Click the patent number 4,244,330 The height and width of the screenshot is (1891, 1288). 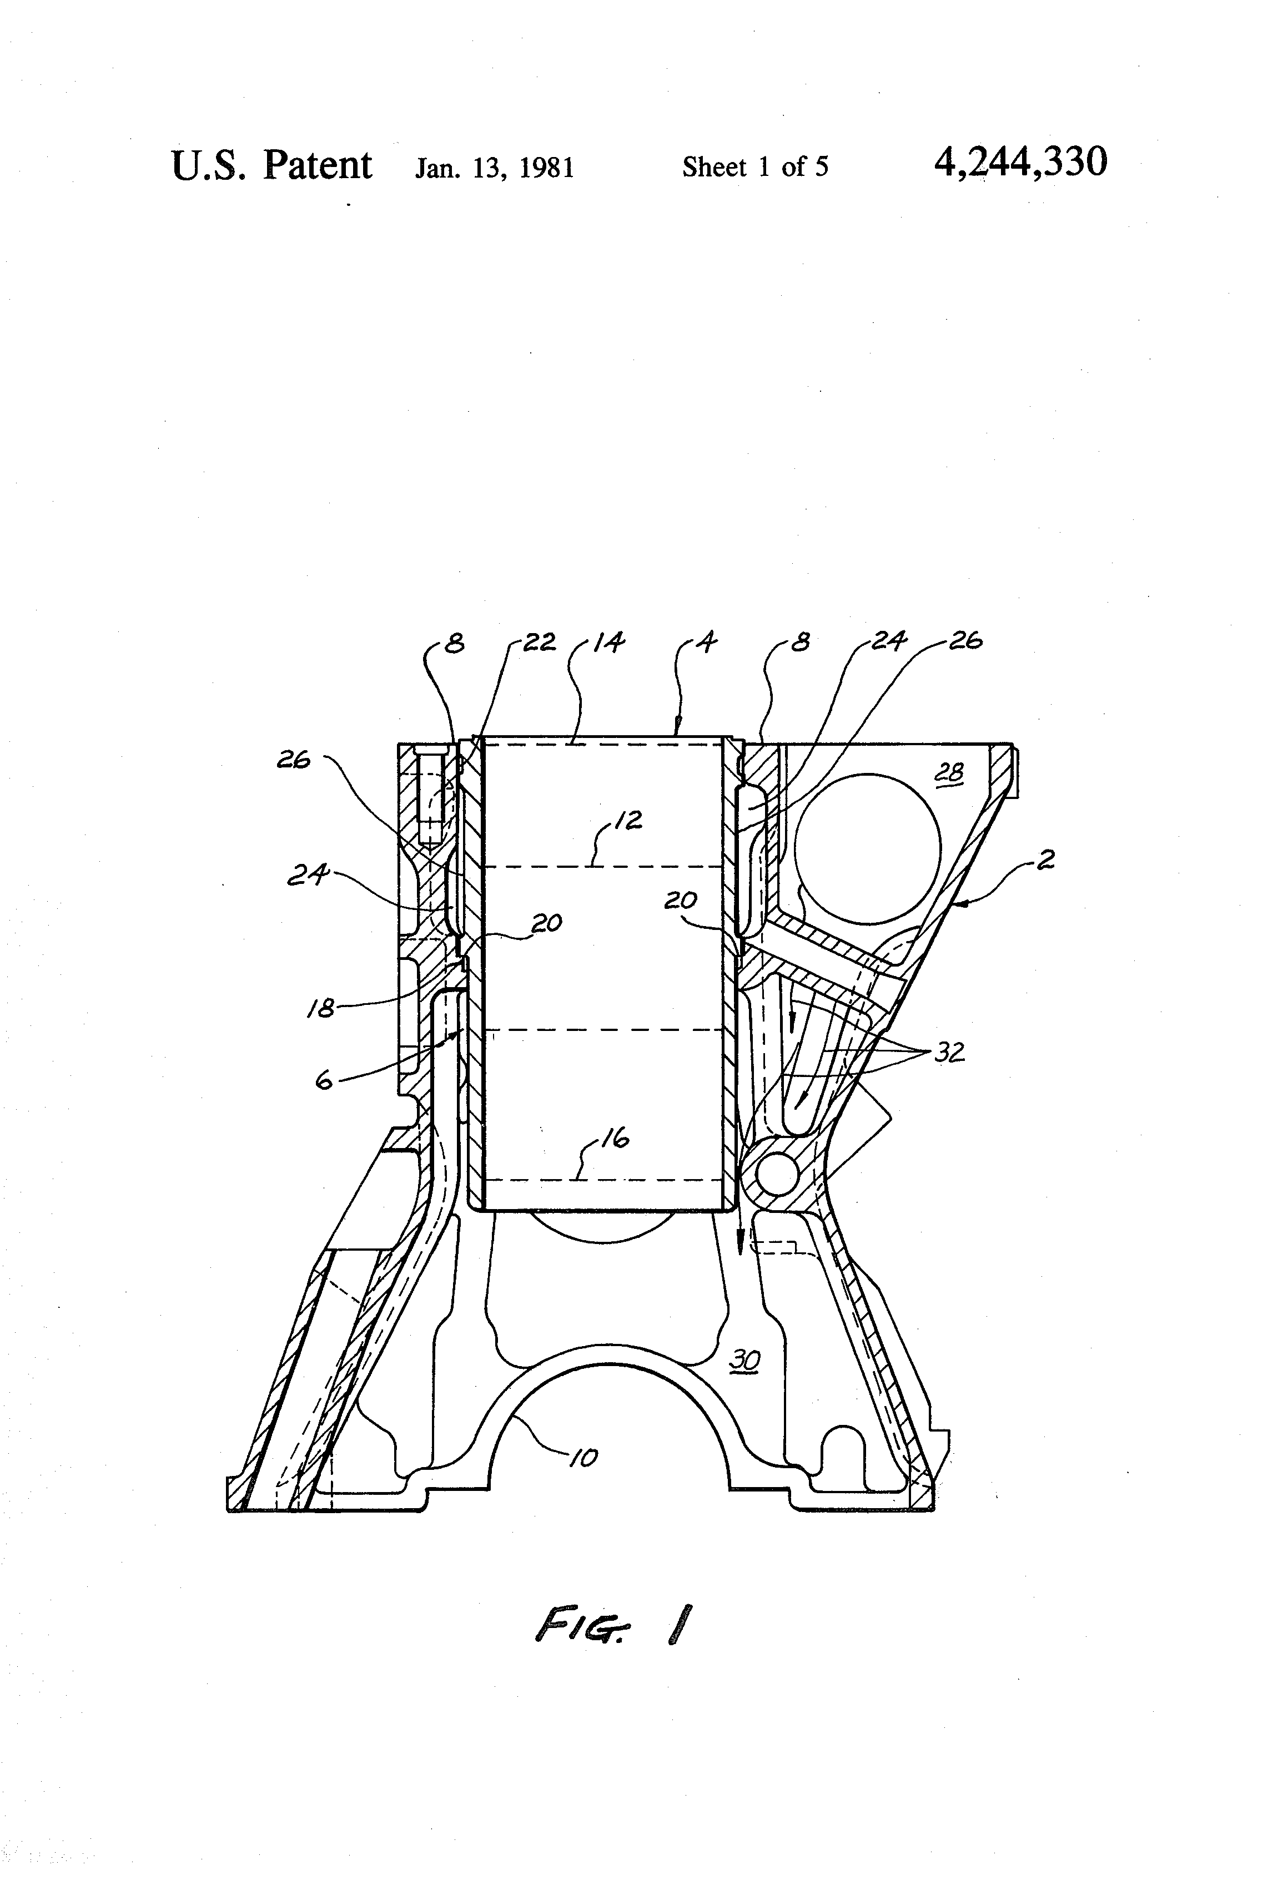point(1020,162)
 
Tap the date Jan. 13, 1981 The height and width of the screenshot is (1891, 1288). point(494,168)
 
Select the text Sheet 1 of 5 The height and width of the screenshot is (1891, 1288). point(754,167)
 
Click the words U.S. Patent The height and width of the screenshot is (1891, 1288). point(271,165)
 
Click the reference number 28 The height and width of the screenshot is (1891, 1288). point(949,772)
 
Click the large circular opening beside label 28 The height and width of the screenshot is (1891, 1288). point(867,848)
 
